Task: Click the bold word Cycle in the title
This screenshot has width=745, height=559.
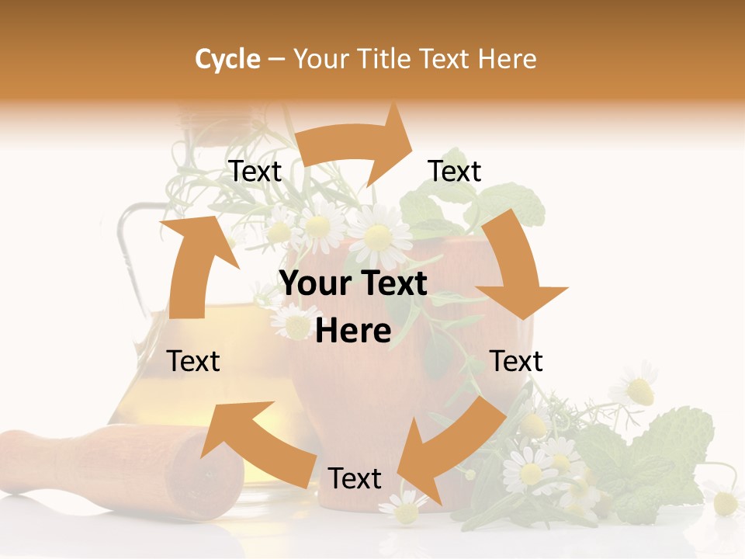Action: point(227,59)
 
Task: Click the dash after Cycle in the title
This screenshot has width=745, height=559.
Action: point(275,59)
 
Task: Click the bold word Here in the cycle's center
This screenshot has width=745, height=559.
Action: point(353,332)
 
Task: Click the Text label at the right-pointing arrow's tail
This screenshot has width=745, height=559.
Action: point(255,171)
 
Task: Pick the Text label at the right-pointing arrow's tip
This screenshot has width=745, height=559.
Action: point(455,171)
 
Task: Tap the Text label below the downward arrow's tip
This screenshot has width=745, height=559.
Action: point(516,361)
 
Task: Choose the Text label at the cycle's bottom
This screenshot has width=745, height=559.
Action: point(355,478)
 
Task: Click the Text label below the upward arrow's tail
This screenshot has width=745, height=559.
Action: point(194,361)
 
